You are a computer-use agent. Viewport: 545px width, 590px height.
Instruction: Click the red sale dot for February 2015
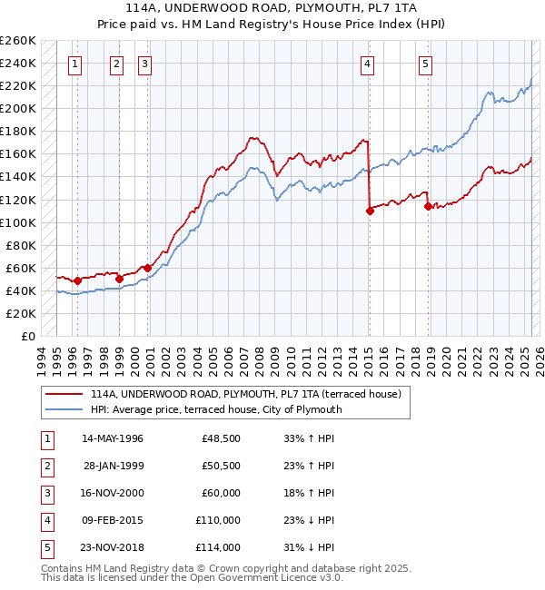[370, 211]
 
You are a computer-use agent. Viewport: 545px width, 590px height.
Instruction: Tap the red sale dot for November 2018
[428, 206]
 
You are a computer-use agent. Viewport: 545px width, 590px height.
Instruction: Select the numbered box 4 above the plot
[367, 64]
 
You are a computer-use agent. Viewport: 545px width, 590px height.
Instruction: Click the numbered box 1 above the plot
[74, 64]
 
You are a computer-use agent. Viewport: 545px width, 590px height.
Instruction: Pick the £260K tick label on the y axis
[18, 41]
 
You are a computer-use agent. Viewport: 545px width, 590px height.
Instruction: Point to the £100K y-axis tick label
[18, 222]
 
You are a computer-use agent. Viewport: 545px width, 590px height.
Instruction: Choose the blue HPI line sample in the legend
[64, 409]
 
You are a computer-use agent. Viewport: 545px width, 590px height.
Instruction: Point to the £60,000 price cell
[221, 493]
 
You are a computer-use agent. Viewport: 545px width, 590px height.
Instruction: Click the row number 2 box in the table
[45, 466]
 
